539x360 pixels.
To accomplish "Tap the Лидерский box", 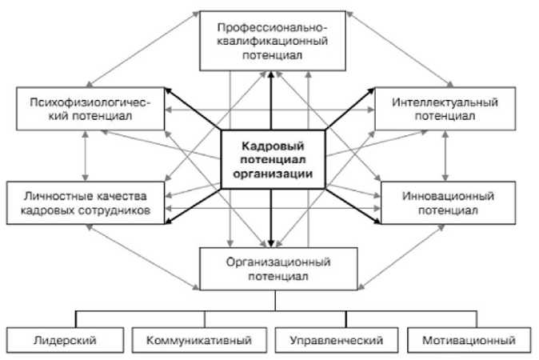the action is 62,340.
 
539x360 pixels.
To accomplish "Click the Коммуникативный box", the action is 199,340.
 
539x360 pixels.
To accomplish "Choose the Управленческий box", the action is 332,340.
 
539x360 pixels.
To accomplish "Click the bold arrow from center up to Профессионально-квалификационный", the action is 271,100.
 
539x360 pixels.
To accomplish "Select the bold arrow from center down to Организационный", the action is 271,216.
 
